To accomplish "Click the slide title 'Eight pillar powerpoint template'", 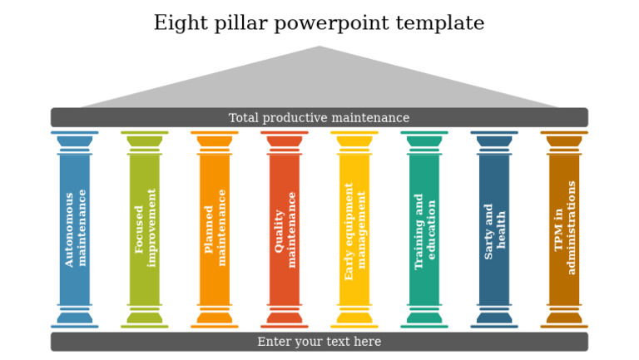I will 319,23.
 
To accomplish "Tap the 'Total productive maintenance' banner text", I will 319,118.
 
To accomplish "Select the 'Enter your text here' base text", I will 319,342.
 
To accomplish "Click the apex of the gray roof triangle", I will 319,48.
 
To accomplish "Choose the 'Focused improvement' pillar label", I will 145,228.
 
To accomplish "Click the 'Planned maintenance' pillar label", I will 215,228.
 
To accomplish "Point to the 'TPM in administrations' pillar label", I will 564,228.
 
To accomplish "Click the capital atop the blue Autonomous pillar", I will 75,141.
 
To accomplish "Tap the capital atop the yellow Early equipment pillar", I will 354,141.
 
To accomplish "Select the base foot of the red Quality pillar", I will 285,317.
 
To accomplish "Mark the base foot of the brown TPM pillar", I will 564,317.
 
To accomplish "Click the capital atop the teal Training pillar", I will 424,141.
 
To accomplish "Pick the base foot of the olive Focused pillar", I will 145,317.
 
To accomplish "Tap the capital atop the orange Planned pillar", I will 215,141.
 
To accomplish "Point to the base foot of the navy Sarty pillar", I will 494,317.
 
